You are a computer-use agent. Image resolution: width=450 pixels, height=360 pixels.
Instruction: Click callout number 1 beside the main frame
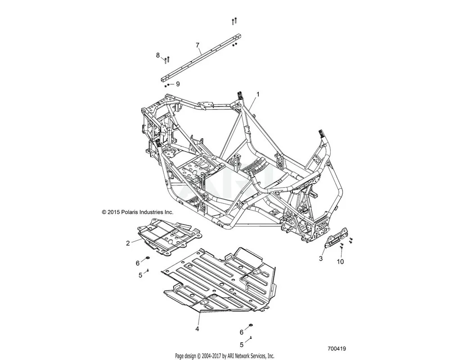point(258,94)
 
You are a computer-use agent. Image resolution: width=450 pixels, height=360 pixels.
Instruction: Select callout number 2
point(128,243)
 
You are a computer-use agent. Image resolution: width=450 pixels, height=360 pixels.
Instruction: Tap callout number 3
point(321,258)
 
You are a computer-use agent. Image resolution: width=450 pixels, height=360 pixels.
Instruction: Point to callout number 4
point(197,329)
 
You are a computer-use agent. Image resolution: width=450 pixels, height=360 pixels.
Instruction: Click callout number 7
point(198,45)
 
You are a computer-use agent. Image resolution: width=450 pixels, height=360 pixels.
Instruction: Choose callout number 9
point(165,84)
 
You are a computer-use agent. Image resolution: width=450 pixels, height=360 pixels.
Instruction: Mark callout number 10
point(340,261)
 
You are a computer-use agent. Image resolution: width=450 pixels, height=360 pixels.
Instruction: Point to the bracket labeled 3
point(336,237)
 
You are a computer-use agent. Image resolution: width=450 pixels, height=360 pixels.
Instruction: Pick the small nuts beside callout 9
point(155,85)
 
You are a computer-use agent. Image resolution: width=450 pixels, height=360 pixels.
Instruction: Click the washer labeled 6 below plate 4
point(250,325)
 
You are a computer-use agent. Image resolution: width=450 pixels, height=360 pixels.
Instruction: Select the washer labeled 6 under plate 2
point(148,259)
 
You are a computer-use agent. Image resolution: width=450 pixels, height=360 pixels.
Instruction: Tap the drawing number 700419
point(337,348)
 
